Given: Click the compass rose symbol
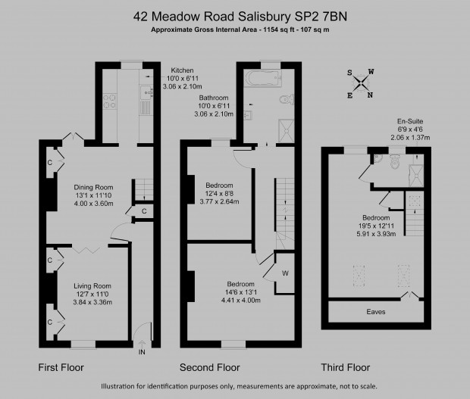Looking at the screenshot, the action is coord(361,83).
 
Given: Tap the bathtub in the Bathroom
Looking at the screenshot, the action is coord(263,79).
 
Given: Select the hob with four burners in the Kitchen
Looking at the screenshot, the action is coord(109,101).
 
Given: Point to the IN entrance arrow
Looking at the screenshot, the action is coord(142,344).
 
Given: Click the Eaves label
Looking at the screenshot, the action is coord(376,312).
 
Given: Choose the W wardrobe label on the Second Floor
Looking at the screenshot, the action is coord(285,273).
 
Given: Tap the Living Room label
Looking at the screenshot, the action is coord(92,286).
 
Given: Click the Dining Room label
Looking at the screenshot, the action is coord(93,187).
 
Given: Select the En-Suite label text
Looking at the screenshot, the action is coord(410,121).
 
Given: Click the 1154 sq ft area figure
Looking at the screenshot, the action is coord(279,30).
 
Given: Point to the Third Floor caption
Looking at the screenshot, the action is coord(346,367).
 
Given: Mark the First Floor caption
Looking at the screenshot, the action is coord(61,367).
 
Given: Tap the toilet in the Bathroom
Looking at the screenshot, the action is coord(287,99).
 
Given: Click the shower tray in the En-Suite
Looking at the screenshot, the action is coord(417,175).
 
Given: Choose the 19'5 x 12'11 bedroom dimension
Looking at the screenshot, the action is coord(376,226).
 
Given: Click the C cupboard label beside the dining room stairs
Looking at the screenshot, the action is coord(144,211).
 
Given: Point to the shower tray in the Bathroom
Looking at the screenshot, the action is coord(287,131).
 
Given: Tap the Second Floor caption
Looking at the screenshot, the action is coord(210,367).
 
